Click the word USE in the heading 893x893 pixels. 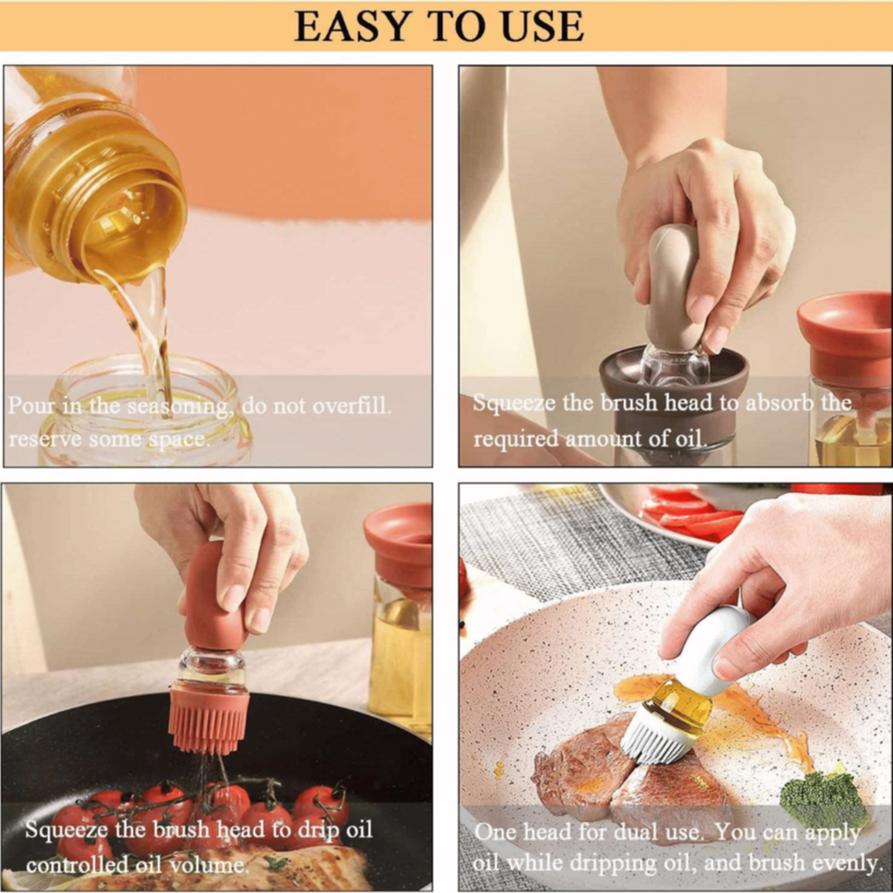(542, 26)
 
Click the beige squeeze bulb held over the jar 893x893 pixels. (674, 288)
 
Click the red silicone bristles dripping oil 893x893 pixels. (209, 720)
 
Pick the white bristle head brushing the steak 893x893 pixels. (655, 738)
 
